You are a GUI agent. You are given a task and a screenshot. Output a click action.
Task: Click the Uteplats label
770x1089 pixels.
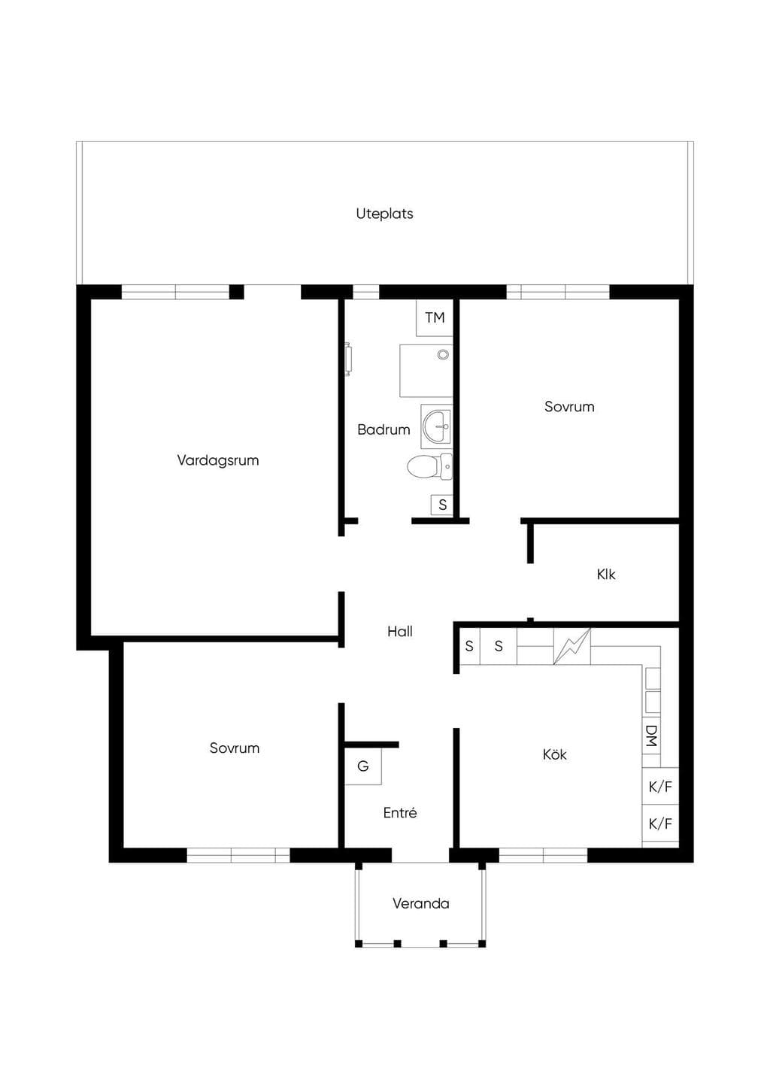[x=384, y=214]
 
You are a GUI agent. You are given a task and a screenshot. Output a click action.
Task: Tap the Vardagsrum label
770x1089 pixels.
[x=218, y=460]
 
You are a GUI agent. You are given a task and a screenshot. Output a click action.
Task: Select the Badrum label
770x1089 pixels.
[x=383, y=429]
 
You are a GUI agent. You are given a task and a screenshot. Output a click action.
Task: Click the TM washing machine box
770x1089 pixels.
[x=435, y=318]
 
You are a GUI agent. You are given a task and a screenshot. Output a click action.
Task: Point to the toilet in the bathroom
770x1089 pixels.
[x=429, y=467]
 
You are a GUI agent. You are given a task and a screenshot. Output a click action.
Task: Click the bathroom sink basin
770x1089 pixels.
[x=437, y=426]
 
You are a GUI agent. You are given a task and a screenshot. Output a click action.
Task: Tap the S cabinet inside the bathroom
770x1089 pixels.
[x=442, y=505]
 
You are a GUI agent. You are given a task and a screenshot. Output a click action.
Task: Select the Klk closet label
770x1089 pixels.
[x=606, y=574]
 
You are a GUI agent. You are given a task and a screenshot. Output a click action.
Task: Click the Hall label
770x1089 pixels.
[x=400, y=632]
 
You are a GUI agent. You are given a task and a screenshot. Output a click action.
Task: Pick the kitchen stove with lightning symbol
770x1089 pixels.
[x=572, y=646]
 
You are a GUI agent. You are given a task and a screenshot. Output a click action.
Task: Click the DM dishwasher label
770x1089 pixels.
[x=652, y=736]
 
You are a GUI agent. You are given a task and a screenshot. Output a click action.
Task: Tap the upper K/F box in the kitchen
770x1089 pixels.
[x=660, y=787]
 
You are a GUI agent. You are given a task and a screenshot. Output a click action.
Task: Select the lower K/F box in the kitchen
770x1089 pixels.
[x=660, y=824]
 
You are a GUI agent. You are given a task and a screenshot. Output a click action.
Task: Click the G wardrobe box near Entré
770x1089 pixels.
[x=363, y=766]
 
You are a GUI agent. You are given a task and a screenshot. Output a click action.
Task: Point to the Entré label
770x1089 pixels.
[x=400, y=813]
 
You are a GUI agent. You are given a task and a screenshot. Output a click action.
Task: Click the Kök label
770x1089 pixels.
[x=555, y=754]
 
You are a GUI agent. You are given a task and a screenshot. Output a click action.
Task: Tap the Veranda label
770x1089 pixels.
[x=421, y=904]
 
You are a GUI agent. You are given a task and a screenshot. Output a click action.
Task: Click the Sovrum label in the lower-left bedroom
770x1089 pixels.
[x=235, y=748]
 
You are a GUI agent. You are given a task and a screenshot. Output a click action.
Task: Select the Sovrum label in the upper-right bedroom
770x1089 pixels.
[x=569, y=406]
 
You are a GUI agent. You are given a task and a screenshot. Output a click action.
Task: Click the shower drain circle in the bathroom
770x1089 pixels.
[x=443, y=354]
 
